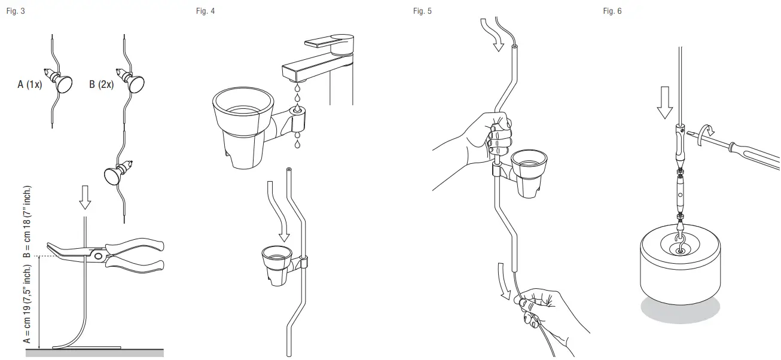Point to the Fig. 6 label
[x=612, y=11]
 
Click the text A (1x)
[x=29, y=85]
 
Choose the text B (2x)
[x=101, y=85]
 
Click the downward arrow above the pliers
[x=85, y=197]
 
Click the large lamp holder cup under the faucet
[x=242, y=126]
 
